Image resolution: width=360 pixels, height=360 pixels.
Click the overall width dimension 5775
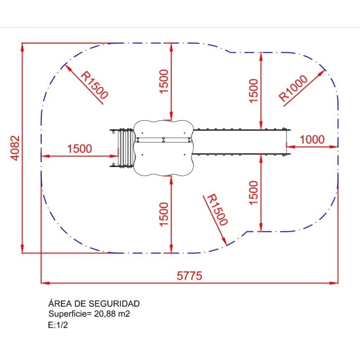pyautogui.click(x=189, y=275)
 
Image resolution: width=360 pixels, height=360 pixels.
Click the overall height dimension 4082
pyautogui.click(x=15, y=148)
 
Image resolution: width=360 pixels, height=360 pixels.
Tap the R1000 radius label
pyautogui.click(x=293, y=88)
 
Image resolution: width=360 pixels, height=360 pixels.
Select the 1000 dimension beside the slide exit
pyautogui.click(x=312, y=139)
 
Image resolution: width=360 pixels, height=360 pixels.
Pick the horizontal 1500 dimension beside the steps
pyautogui.click(x=80, y=148)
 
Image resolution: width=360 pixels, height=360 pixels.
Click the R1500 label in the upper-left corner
pyautogui.click(x=94, y=85)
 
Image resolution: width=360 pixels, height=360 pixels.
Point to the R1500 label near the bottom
pyautogui.click(x=217, y=210)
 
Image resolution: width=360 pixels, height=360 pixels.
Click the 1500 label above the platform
pyautogui.click(x=164, y=81)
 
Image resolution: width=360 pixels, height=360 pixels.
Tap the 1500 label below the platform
pyautogui.click(x=164, y=214)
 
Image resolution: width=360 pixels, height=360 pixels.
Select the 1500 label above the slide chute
pyautogui.click(x=254, y=91)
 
